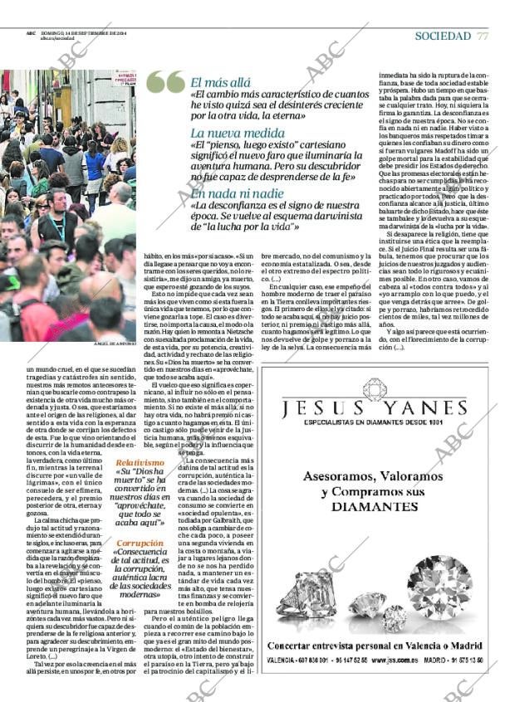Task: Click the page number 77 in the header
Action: (x=483, y=36)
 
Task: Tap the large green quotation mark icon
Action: (x=165, y=82)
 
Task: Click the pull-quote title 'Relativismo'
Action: (x=140, y=462)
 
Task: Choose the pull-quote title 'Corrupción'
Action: (x=139, y=544)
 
